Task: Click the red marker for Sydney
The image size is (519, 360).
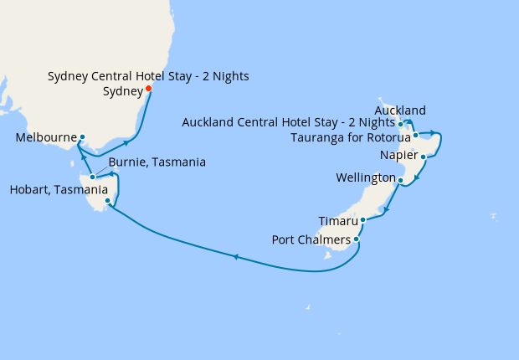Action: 148,88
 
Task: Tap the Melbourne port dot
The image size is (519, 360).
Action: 82,136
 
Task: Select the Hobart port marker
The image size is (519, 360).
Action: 107,200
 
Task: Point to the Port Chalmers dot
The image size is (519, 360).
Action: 357,239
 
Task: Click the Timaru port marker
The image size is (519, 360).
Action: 362,220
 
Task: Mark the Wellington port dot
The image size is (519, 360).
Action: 401,180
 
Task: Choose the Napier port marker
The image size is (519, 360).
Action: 424,157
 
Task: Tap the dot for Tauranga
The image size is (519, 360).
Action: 415,134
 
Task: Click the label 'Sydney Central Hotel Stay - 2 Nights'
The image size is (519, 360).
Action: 148,76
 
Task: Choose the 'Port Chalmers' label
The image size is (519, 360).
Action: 311,240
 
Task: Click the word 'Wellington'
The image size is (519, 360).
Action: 365,178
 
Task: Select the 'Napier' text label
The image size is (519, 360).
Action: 398,156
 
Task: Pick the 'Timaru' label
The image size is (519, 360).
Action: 338,221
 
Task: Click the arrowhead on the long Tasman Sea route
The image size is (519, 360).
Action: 236,257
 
